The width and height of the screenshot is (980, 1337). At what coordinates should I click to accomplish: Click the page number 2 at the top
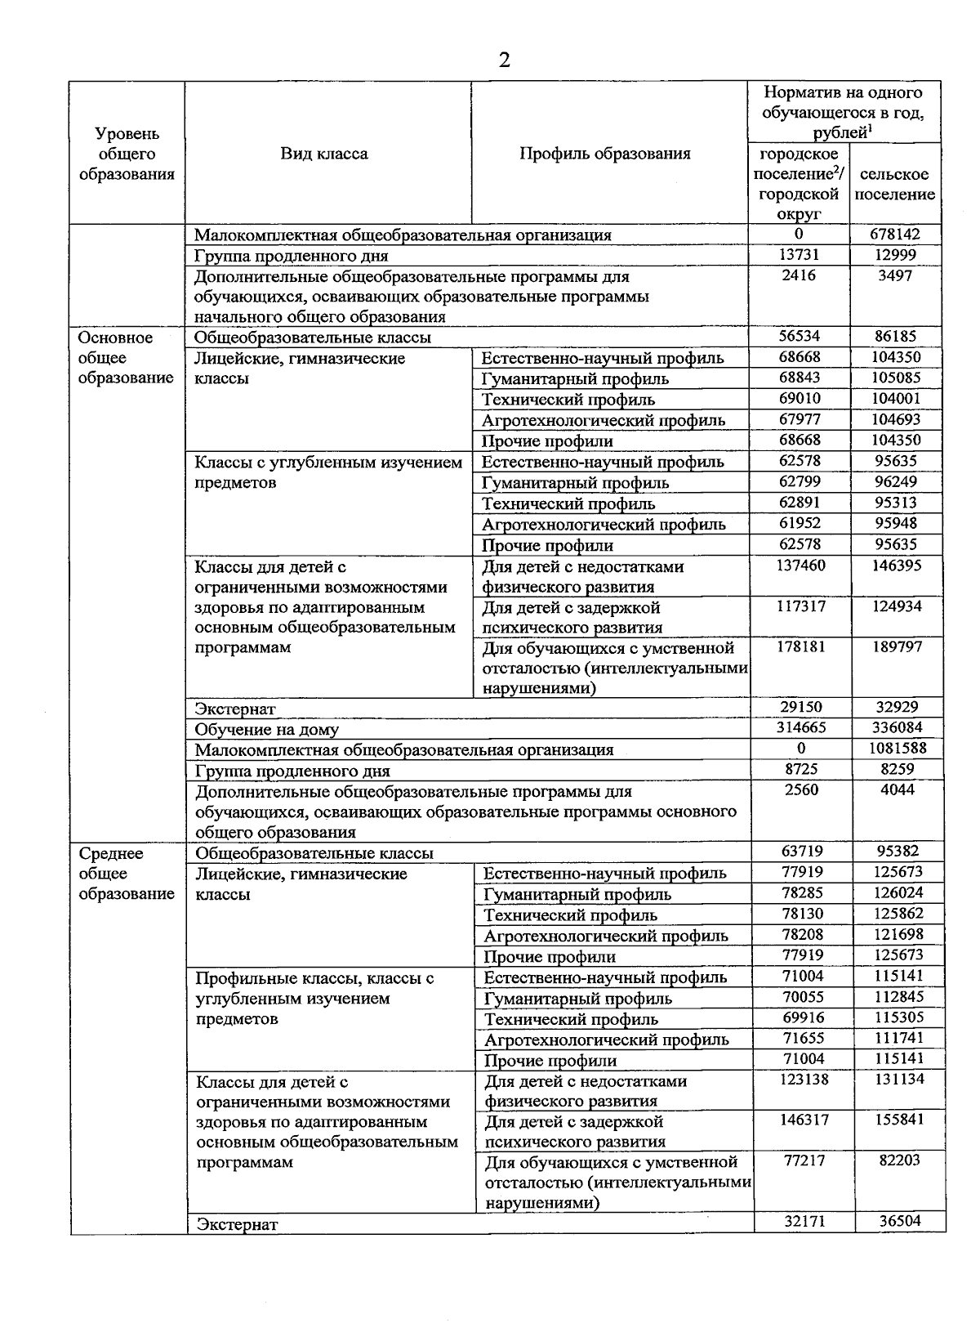click(x=503, y=60)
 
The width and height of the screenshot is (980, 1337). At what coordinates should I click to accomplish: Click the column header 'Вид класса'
click(x=324, y=154)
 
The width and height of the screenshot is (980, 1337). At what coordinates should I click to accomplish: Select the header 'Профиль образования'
click(x=605, y=154)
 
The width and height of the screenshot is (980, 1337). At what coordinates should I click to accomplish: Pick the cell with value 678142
click(x=895, y=235)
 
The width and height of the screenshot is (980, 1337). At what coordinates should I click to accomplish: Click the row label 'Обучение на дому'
click(x=267, y=730)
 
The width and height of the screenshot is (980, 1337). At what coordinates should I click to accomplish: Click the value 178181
click(x=800, y=647)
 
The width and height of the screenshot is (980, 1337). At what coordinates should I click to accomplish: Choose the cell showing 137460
click(x=800, y=566)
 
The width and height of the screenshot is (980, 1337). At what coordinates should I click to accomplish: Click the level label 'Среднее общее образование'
click(x=127, y=874)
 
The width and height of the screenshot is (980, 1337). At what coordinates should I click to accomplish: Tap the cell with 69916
click(x=803, y=1018)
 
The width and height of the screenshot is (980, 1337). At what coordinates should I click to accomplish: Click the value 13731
click(x=799, y=255)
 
